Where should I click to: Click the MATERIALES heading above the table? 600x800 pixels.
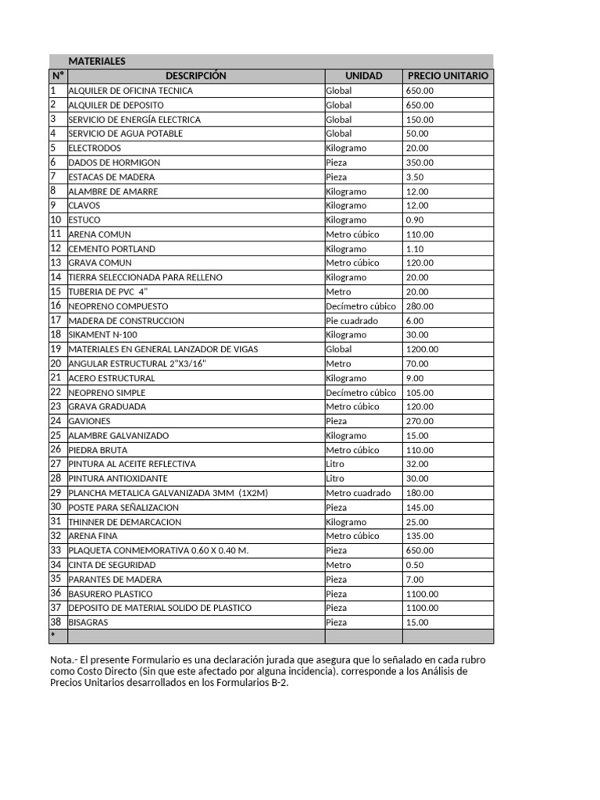click(97, 62)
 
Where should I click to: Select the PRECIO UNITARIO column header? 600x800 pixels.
click(448, 76)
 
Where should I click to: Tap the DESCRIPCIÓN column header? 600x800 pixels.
click(195, 76)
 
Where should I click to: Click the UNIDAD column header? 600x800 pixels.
click(363, 76)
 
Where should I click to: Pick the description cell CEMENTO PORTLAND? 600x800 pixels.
click(112, 248)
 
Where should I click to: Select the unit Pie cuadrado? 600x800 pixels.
click(352, 320)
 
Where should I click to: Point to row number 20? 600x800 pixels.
click(55, 363)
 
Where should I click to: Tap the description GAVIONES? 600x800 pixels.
click(89, 421)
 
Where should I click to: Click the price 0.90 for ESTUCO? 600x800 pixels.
click(415, 220)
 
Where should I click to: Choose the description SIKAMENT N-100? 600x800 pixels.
click(104, 334)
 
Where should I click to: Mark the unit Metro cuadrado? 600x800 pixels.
click(358, 493)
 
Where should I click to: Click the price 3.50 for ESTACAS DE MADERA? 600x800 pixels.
click(415, 177)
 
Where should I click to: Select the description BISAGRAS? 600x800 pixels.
click(88, 622)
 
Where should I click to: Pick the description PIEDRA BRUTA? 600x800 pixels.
click(98, 450)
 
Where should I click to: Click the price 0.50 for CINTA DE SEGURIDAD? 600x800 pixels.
click(415, 564)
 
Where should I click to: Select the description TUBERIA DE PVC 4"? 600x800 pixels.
click(108, 291)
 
